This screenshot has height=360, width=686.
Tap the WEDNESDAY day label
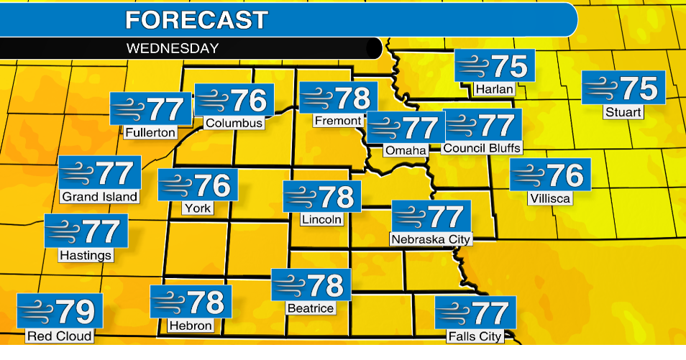172,49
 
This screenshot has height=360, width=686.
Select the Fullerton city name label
150,132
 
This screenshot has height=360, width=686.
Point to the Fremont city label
338,121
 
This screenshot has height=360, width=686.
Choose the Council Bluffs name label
482,148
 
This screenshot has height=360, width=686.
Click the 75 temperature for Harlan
510,67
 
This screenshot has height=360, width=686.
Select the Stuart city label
623,112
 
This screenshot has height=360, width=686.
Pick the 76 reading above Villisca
564,175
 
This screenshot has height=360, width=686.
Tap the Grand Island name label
99,196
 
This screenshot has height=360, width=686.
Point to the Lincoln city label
321,219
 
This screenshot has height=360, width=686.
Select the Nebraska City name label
431,239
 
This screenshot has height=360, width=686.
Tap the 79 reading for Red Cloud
76,311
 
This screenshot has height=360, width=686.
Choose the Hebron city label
191,326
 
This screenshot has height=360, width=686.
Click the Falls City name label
474,336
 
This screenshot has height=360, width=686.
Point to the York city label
197,208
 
